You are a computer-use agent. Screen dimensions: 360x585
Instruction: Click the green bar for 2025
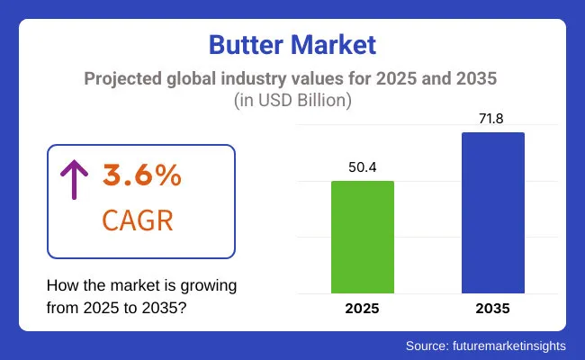click(x=363, y=237)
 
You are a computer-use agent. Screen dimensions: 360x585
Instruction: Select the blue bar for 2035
click(x=494, y=212)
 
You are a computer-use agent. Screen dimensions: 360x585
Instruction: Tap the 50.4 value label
click(x=363, y=166)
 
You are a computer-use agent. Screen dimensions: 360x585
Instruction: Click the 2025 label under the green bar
click(x=363, y=308)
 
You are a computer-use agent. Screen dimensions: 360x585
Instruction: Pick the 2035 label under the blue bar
click(x=494, y=308)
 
